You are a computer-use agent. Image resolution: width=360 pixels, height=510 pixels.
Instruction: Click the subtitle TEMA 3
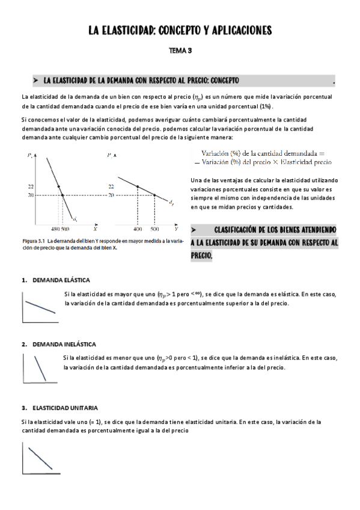click(x=180, y=51)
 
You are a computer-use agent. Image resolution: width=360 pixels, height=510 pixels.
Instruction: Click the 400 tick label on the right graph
click(x=138, y=229)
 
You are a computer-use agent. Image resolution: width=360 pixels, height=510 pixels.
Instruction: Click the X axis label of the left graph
click(x=96, y=229)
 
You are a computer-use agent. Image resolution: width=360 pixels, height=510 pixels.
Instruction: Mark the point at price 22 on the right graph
click(x=138, y=186)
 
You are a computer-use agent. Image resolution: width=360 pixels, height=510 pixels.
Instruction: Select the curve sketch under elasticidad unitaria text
click(x=39, y=458)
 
